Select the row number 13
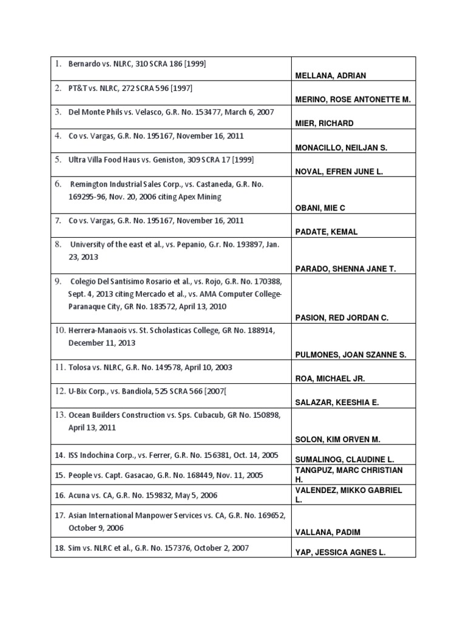59,415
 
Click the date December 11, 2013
102,343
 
